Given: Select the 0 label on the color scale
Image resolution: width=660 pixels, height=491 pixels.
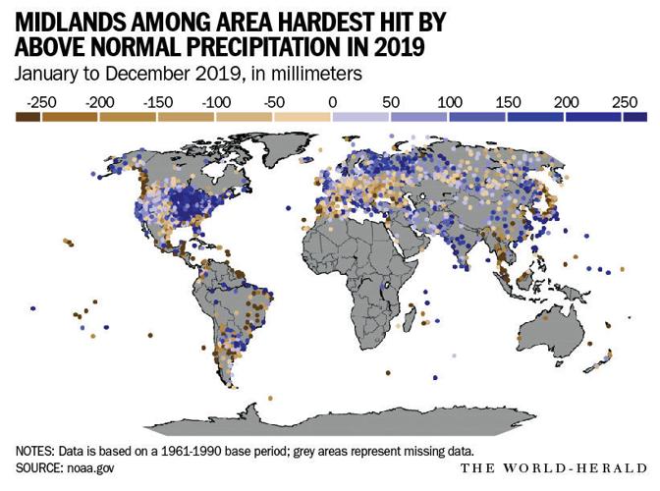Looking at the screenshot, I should pos(332,100).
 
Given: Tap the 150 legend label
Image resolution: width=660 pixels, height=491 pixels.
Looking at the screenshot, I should pos(508,100).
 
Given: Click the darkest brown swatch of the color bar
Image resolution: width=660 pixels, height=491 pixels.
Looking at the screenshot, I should pos(27,116).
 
